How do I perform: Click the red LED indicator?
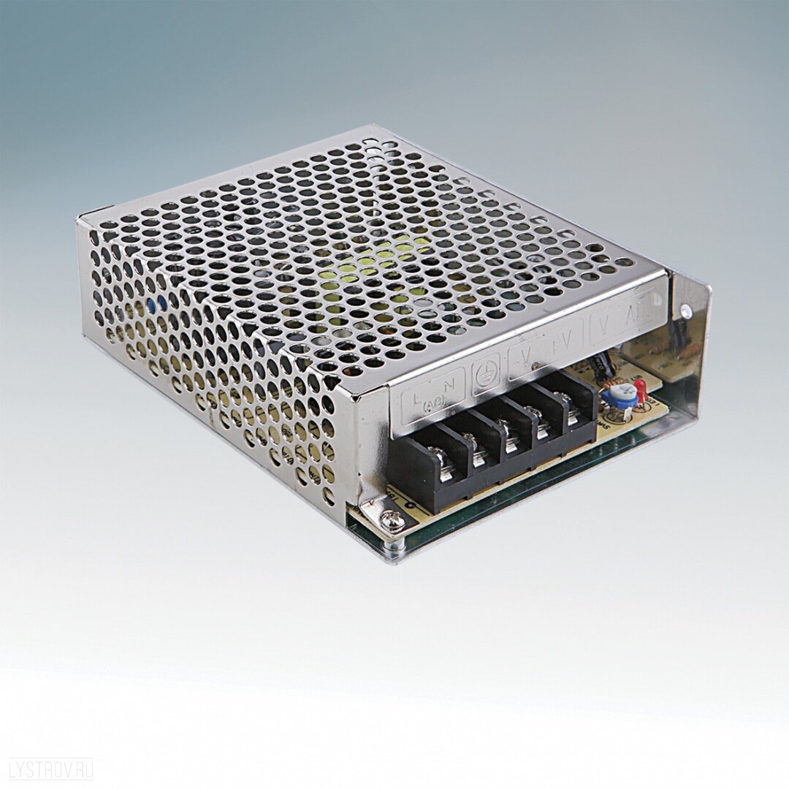[641, 390]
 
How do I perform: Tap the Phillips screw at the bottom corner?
[391, 520]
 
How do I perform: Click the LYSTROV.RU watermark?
[51, 769]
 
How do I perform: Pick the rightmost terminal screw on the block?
[563, 400]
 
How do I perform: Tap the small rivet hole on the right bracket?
[685, 310]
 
